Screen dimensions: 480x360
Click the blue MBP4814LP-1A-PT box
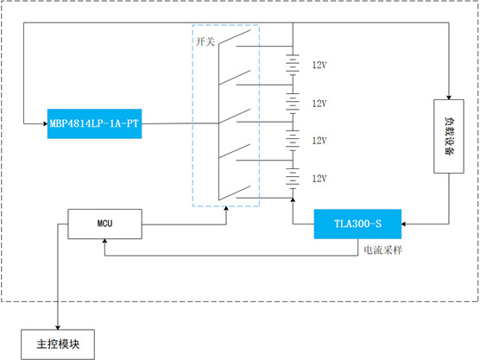pos(95,123)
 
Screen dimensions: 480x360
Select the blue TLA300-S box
pos(357,224)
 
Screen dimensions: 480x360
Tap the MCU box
pos(104,224)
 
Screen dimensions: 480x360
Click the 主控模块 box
pos(58,344)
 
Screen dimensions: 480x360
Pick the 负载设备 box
pos(449,136)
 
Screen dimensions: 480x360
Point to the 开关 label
pos(205,41)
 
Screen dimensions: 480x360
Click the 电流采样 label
pos(382,250)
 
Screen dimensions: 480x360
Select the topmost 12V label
pos(319,65)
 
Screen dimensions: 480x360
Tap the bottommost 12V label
pos(319,179)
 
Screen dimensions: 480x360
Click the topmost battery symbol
pos(293,64)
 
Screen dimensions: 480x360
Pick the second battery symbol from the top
pos(293,103)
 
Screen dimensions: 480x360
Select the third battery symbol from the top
pos(293,141)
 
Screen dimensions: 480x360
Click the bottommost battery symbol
pos(293,179)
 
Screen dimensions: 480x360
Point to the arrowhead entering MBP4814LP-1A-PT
pos(45,123)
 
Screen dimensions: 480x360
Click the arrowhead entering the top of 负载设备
pos(449,98)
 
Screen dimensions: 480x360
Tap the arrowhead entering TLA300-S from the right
pos(403,224)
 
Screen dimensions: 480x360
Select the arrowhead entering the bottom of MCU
pos(104,241)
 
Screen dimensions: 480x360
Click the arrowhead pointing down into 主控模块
pos(58,327)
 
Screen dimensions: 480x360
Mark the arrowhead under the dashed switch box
pos(226,209)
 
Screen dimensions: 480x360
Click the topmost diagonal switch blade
pos(235,38)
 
